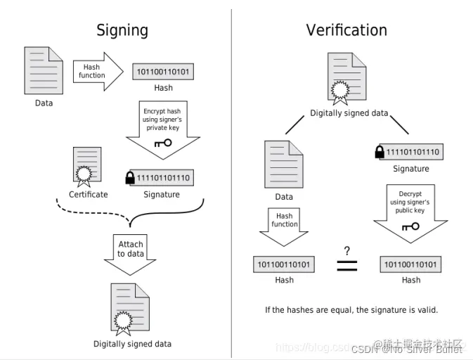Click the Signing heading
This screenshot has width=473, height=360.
pyautogui.click(x=122, y=30)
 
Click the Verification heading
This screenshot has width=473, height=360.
pyautogui.click(x=346, y=30)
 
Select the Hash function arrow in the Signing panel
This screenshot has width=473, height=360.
pyautogui.click(x=97, y=71)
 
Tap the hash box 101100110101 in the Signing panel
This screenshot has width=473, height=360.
pyautogui.click(x=163, y=72)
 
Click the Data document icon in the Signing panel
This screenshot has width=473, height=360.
pyautogui.click(x=44, y=70)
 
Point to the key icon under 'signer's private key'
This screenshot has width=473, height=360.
pyautogui.click(x=162, y=143)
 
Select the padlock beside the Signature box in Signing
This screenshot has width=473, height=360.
pyautogui.click(x=130, y=178)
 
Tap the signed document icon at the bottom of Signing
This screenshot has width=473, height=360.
pyautogui.click(x=131, y=307)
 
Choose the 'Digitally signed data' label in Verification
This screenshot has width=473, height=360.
pyautogui.click(x=349, y=113)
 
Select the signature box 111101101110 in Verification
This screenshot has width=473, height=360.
pyautogui.click(x=413, y=152)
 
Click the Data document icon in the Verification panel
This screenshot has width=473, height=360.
pyautogui.click(x=283, y=165)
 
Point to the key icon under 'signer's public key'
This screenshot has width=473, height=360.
pyautogui.click(x=410, y=226)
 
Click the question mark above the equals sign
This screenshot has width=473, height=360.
pyautogui.click(x=347, y=250)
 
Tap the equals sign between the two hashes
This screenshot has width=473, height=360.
pyautogui.click(x=347, y=266)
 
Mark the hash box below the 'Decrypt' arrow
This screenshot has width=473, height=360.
pyautogui.click(x=411, y=265)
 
